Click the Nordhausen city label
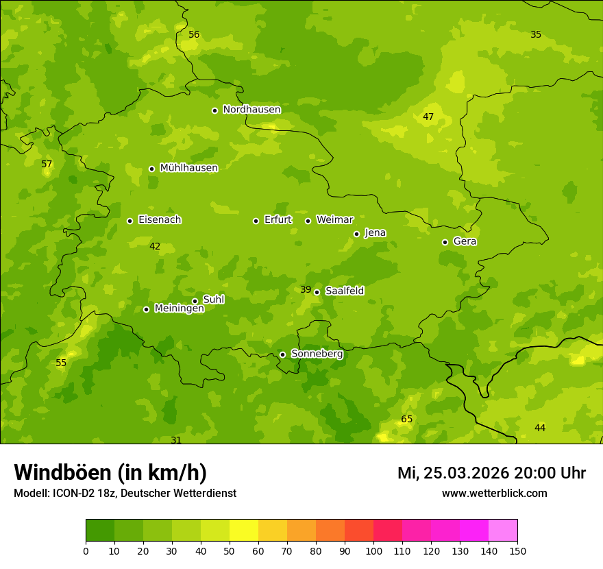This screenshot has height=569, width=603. pos(251,110)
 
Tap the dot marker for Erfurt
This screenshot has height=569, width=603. pos(256,221)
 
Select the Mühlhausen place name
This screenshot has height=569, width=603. pos(188,168)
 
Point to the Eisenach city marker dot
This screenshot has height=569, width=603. pos(130,221)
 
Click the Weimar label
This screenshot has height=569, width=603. pos(334,220)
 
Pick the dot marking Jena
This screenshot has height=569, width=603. pos(356,234)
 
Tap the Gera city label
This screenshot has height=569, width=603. pos(465,241)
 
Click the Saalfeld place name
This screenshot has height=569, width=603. pos(344,291)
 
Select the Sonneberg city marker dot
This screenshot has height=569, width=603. pos(282,354)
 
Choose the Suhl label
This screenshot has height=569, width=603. pos(214,300)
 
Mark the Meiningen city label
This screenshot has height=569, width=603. pos(179,308)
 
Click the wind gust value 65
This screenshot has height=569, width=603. pos(406,419)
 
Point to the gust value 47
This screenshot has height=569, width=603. pos(428,117)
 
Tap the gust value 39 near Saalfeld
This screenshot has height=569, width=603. pos(306,290)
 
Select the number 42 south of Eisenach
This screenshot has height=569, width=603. pos(155,247)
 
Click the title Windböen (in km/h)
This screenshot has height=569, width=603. pos(110,472)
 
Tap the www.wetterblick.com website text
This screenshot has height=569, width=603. pos(494,493)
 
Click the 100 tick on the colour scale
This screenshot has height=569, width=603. pos(373,550)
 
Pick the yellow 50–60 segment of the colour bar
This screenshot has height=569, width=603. pos(244,531)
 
